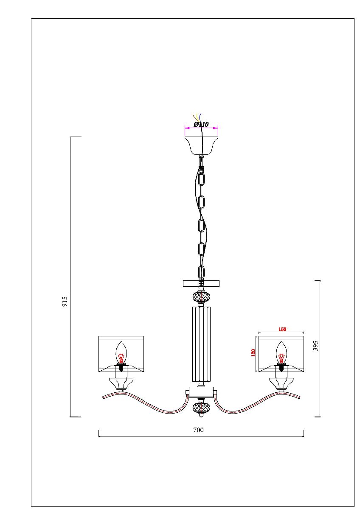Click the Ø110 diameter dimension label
[x=201, y=124]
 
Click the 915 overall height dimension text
[x=65, y=302]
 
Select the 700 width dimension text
[x=198, y=430]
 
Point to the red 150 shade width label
[x=282, y=329]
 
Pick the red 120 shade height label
[x=253, y=353]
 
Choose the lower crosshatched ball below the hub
[x=201, y=408]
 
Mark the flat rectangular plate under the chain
[x=201, y=283]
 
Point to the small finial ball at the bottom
[x=201, y=417]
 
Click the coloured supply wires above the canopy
[x=197, y=117]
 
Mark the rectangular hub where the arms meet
[x=201, y=392]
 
